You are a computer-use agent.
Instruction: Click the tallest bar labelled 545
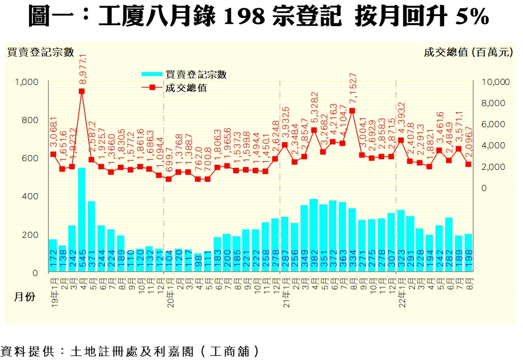[82, 220]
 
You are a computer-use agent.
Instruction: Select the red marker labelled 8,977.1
[82, 91]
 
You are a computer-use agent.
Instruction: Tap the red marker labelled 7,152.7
[352, 110]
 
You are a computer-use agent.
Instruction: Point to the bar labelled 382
[313, 235]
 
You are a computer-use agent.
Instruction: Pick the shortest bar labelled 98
[198, 263]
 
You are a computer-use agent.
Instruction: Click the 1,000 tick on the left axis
[28, 82]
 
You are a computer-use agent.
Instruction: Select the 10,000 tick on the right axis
[495, 82]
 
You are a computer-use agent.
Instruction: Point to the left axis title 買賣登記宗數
[41, 52]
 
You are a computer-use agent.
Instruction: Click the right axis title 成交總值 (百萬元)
[468, 52]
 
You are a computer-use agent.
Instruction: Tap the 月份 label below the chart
[24, 297]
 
